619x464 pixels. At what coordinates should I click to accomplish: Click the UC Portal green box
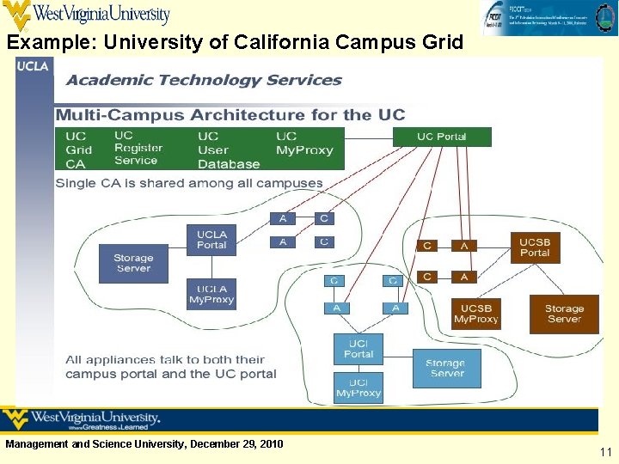[442, 137]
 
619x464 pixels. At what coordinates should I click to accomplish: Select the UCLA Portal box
[211, 240]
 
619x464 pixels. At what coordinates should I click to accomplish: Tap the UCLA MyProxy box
[211, 295]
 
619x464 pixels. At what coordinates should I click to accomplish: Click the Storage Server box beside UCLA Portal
[133, 263]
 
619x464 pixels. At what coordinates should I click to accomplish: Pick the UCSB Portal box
[534, 247]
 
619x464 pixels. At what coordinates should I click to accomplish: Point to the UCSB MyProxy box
[475, 314]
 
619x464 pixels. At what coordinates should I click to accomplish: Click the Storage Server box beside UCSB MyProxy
[564, 314]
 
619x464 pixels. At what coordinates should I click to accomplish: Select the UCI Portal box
[359, 349]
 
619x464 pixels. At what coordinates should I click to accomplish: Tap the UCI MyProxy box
[359, 388]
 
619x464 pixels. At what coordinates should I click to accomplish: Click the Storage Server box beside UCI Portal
[446, 368]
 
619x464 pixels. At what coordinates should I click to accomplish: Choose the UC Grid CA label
[78, 150]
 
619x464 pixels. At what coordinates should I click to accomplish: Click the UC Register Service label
[138, 148]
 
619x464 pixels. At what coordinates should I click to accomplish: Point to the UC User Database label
[228, 150]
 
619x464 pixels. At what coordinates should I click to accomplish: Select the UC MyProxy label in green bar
[303, 143]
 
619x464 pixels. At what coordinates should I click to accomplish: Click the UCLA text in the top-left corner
[34, 67]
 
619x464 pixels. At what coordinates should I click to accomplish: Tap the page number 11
[605, 451]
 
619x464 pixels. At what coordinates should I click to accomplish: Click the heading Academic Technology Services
[204, 81]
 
